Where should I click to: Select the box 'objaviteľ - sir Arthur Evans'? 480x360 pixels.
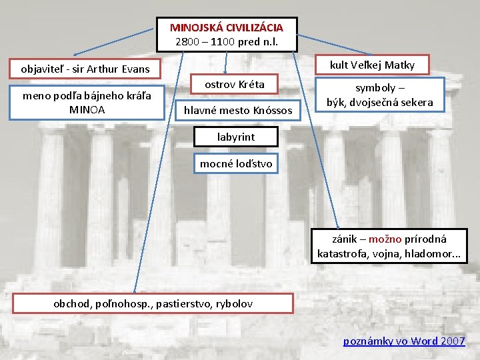click(85, 69)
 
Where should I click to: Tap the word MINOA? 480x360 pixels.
click(87, 109)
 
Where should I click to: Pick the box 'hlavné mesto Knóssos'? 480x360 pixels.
click(239, 109)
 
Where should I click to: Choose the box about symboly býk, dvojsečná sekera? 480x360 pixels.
click(380, 95)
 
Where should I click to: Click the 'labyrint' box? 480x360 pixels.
click(236, 137)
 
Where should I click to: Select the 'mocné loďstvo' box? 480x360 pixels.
click(236, 163)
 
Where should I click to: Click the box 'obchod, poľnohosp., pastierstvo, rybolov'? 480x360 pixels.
click(153, 303)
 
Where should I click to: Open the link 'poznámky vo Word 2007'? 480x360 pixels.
click(404, 341)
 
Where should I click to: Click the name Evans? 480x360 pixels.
click(135, 69)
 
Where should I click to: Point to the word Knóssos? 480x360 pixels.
click(273, 109)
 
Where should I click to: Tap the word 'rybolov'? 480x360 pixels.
click(233, 303)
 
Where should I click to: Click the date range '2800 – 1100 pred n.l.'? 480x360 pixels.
click(226, 42)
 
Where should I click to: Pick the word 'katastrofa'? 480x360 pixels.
click(340, 254)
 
